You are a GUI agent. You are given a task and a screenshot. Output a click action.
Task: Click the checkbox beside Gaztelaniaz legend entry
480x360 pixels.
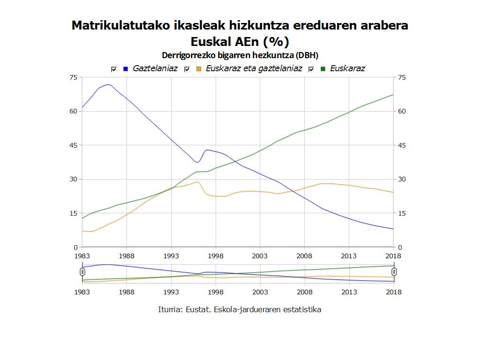113,69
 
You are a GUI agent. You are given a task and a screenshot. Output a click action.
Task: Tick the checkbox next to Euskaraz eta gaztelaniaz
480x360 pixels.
187,69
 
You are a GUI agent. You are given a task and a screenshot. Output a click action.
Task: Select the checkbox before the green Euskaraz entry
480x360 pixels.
311,69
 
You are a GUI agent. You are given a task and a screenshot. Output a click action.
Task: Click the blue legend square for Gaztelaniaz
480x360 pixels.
125,69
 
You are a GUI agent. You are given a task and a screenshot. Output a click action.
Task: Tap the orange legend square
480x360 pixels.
199,69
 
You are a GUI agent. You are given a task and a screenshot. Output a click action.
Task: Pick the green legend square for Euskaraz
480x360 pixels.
322,69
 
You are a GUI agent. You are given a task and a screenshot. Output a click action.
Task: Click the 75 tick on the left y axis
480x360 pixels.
73,77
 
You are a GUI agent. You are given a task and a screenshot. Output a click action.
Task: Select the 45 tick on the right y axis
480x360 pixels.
402,145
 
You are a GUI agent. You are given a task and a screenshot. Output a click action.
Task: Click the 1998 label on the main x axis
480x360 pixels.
216,256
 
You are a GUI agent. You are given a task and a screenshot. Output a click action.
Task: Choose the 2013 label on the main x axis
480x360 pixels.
349,256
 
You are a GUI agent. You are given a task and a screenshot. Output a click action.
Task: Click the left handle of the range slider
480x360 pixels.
82,271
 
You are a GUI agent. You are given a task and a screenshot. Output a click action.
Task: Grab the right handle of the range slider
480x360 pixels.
394,271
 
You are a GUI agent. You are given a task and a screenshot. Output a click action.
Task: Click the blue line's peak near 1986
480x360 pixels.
108,85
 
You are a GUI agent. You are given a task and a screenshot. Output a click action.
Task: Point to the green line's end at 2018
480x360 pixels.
393,95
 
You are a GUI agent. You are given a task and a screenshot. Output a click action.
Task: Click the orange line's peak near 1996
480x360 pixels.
198,182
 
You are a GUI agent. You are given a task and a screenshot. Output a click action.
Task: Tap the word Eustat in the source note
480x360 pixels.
197,309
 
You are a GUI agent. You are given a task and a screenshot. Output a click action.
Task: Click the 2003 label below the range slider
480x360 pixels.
260,292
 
